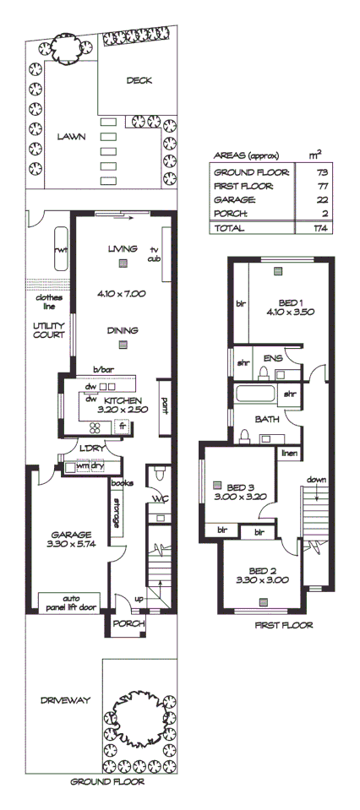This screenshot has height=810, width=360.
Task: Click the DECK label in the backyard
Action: point(139,81)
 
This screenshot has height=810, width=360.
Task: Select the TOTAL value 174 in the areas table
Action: point(319,228)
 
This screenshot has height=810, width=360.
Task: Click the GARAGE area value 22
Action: point(319,199)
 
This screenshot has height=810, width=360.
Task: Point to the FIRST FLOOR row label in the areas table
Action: point(241,185)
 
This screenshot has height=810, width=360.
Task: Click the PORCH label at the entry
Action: point(130,624)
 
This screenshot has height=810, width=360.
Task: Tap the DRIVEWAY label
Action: point(64,700)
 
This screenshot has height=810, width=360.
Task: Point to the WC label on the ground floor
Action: point(160,499)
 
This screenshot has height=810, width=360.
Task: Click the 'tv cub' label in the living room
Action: point(155,254)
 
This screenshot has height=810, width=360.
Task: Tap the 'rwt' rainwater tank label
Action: point(61,251)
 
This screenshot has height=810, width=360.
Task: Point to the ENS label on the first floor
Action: point(273,358)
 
